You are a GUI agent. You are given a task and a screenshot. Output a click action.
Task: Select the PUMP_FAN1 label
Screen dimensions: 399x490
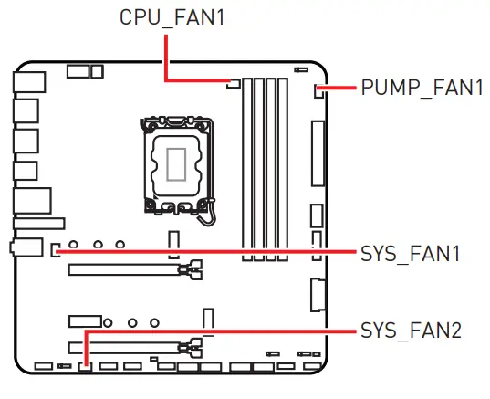point(421,89)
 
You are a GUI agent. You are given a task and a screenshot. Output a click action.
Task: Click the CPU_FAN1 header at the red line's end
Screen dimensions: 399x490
point(232,84)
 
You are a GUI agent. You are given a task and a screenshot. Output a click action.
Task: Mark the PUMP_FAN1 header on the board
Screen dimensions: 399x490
point(319,89)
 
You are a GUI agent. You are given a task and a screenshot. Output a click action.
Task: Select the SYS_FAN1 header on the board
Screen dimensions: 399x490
point(56,247)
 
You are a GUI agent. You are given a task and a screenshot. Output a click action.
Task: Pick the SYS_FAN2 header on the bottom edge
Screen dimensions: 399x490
point(85,366)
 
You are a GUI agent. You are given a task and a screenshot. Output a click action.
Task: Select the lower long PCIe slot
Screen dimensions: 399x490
point(124,347)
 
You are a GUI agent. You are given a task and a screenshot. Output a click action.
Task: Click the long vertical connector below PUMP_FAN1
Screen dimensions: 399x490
point(318,154)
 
